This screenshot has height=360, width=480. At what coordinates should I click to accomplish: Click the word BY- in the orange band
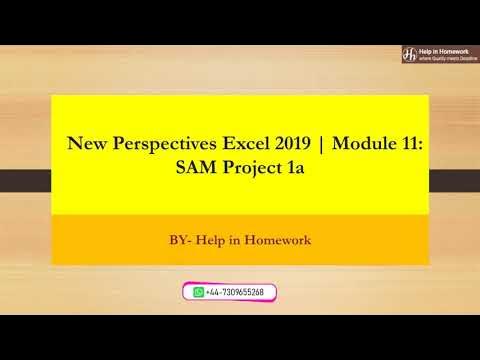[182, 240]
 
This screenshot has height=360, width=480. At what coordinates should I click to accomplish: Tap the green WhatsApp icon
[198, 292]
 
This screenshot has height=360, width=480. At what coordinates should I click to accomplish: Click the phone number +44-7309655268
[236, 292]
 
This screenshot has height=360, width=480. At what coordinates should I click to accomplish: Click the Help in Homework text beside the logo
[442, 48]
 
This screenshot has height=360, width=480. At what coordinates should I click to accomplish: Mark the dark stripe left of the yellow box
[25, 181]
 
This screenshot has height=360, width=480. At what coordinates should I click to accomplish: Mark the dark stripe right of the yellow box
[455, 181]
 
